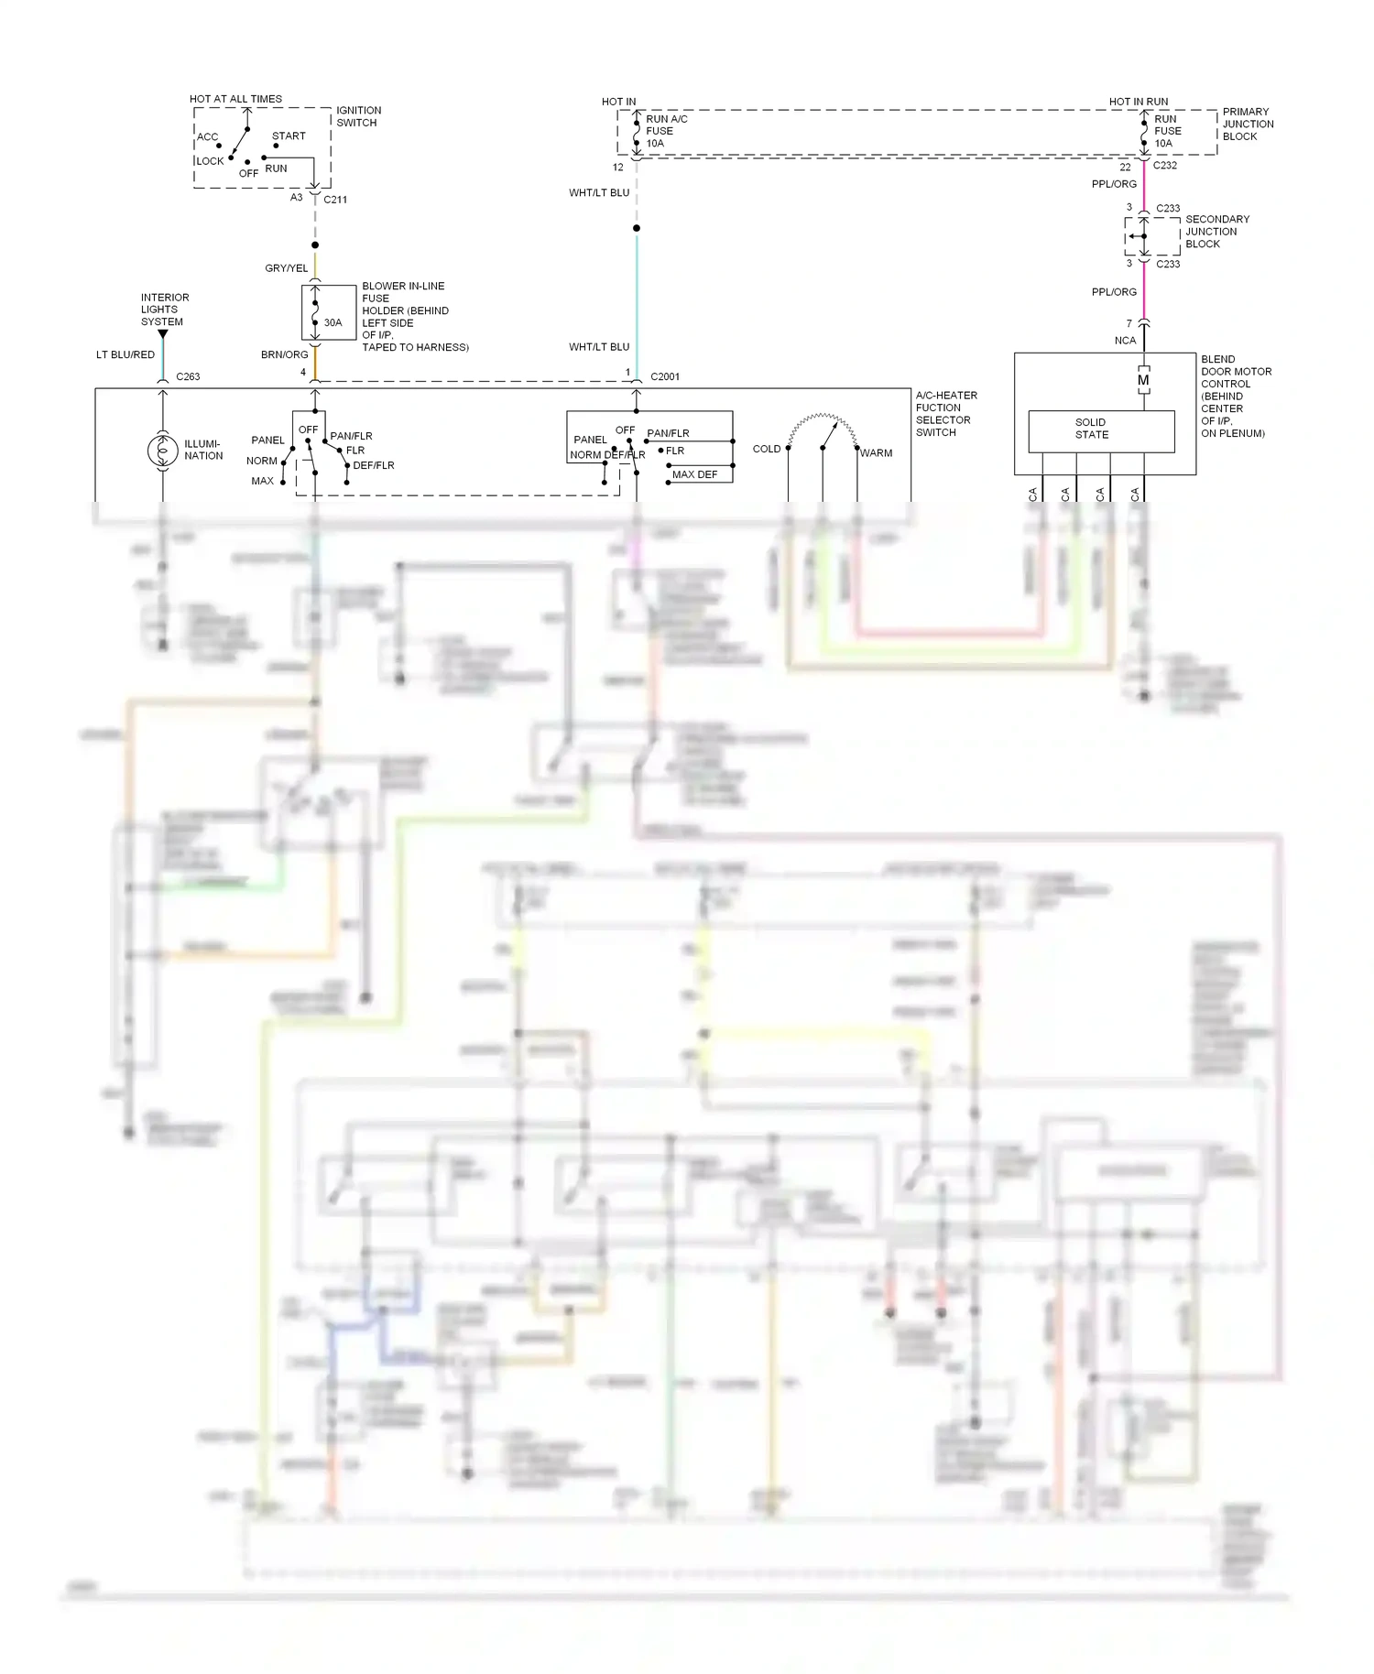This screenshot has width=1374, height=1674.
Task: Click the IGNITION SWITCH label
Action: click(358, 116)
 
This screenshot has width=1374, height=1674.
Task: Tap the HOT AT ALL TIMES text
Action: click(235, 99)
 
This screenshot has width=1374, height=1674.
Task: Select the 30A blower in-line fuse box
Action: click(328, 312)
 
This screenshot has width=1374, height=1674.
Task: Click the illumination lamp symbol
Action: click(163, 450)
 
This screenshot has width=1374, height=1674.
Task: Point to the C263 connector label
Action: click(188, 376)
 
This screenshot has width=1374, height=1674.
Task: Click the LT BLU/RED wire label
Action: click(125, 354)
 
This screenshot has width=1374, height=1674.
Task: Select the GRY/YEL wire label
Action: click(286, 268)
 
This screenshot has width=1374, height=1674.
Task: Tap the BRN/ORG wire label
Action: click(284, 354)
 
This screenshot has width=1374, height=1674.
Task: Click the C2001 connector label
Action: click(665, 376)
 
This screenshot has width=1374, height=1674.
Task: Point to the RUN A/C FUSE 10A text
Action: click(666, 131)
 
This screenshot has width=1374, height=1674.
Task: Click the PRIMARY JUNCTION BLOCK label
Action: click(1248, 124)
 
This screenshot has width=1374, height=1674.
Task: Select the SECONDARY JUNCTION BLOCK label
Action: click(1216, 232)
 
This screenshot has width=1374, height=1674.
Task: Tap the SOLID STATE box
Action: click(1101, 430)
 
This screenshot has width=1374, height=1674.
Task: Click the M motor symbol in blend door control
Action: click(1143, 380)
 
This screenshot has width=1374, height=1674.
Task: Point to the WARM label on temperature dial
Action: click(876, 453)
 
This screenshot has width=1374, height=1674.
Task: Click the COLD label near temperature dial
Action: click(766, 449)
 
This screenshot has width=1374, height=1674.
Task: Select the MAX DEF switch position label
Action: click(694, 474)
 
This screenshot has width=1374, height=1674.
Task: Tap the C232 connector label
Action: click(1164, 166)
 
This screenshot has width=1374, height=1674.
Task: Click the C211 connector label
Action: click(335, 200)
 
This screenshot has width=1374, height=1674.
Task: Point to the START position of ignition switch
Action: click(289, 136)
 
